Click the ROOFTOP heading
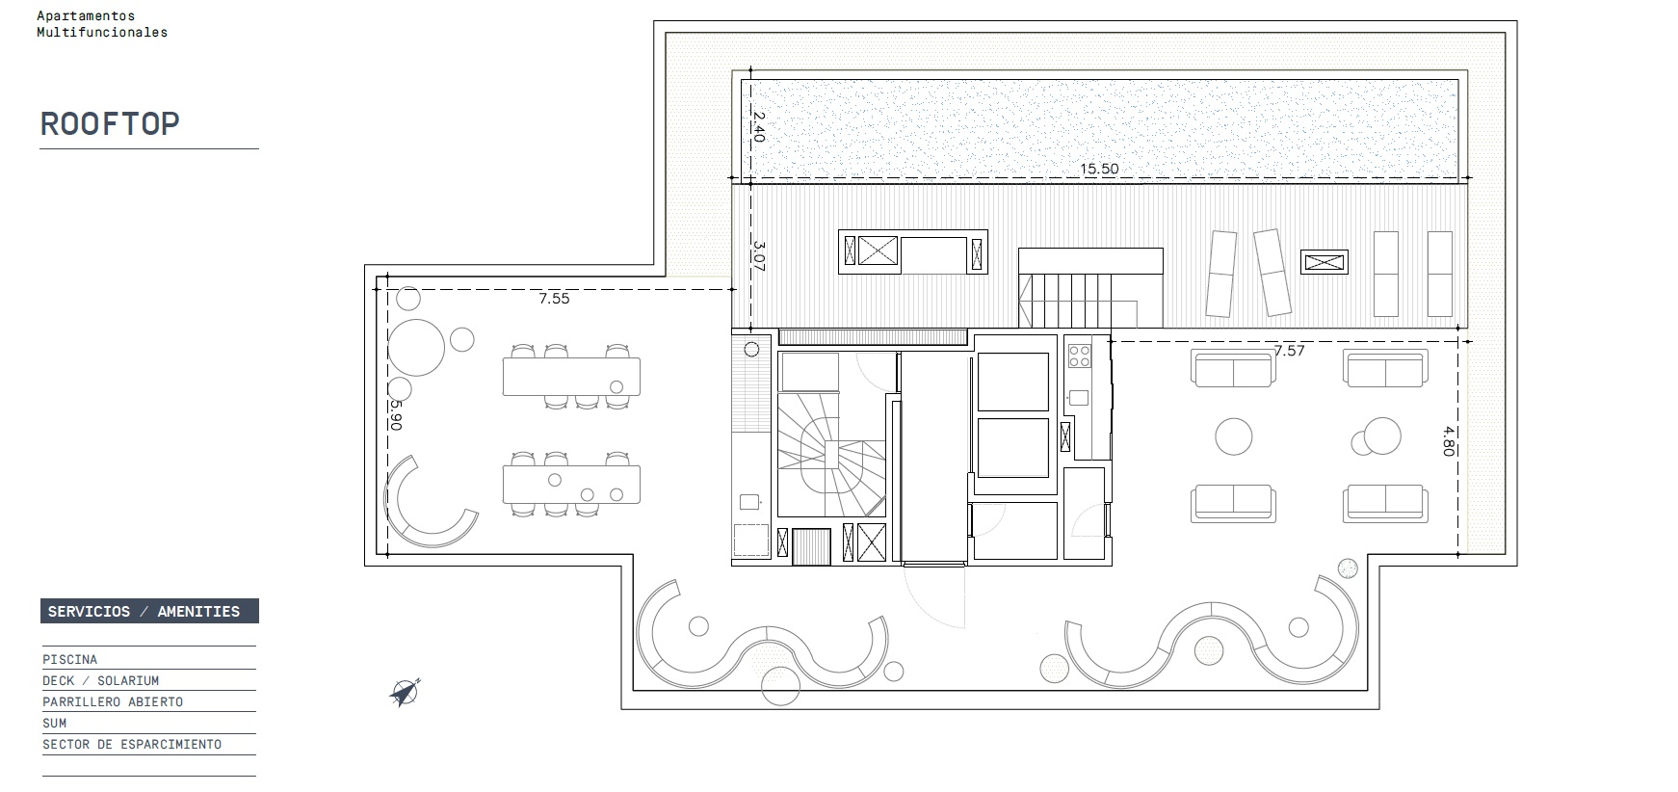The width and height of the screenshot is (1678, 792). (x=110, y=124)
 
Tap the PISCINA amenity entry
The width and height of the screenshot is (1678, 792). (x=69, y=660)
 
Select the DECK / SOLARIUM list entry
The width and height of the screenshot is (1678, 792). (x=100, y=681)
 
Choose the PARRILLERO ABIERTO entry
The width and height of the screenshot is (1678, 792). (x=113, y=702)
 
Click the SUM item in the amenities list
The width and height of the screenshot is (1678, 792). (x=55, y=724)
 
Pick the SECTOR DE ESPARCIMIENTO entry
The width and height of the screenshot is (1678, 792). (x=132, y=745)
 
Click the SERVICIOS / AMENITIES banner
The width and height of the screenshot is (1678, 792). (x=149, y=612)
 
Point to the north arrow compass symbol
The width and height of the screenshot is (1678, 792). (x=405, y=692)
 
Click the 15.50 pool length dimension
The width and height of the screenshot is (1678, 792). (x=1099, y=169)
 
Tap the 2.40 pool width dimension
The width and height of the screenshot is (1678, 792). (x=758, y=127)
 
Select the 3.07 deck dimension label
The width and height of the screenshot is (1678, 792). (x=758, y=256)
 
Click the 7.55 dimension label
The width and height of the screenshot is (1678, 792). (x=554, y=299)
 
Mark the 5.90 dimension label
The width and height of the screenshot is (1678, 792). (x=396, y=415)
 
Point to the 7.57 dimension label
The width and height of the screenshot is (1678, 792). (x=1289, y=351)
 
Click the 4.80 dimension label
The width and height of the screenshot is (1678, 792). (x=1447, y=440)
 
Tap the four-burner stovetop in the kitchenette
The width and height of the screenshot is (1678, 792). (x=1079, y=356)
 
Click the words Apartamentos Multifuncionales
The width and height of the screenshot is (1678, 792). (x=102, y=24)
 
